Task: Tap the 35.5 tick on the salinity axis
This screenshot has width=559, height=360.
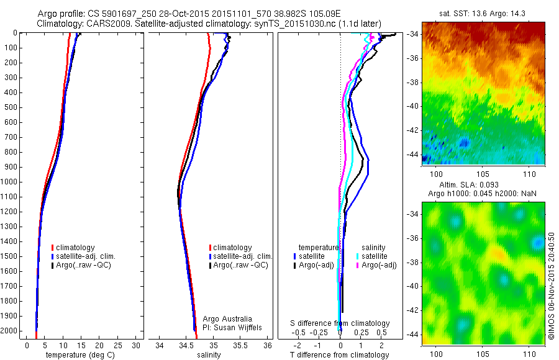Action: [x=240, y=345]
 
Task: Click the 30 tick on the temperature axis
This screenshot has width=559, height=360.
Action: [x=137, y=345]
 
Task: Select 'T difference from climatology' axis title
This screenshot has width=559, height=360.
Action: [x=340, y=355]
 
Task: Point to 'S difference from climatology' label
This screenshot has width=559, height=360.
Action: [x=340, y=323]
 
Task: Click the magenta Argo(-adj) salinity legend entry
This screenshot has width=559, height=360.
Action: [x=378, y=265]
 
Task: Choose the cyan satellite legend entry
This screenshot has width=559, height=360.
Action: [x=375, y=256]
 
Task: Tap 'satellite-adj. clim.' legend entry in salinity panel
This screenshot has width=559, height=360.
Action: [x=242, y=256]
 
